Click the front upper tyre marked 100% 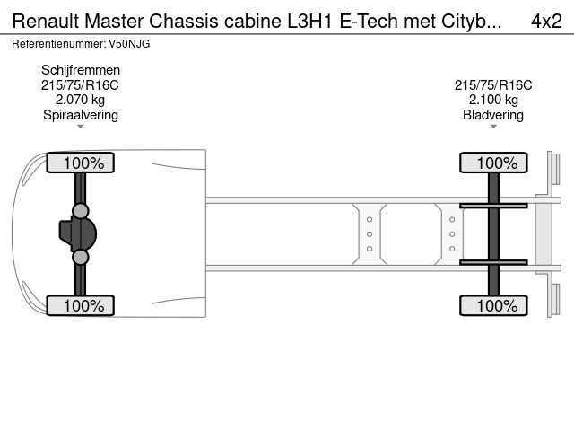coord(81,163)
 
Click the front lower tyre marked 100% coord(81,305)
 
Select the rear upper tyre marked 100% coord(493,163)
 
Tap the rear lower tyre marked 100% coord(493,305)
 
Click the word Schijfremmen coord(81,70)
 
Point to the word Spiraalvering coord(81,114)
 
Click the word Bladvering coord(493,114)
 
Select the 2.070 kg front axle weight coord(81,100)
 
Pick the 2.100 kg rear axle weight coord(493,100)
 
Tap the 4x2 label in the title coord(546,21)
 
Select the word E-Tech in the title coord(370,21)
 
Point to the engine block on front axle coord(79,233)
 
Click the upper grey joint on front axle coord(81,211)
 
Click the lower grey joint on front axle coord(81,258)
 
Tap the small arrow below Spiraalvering coord(81,127)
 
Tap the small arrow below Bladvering coord(493,127)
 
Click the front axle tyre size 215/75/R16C coord(81,85)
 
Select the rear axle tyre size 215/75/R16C coord(493,85)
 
